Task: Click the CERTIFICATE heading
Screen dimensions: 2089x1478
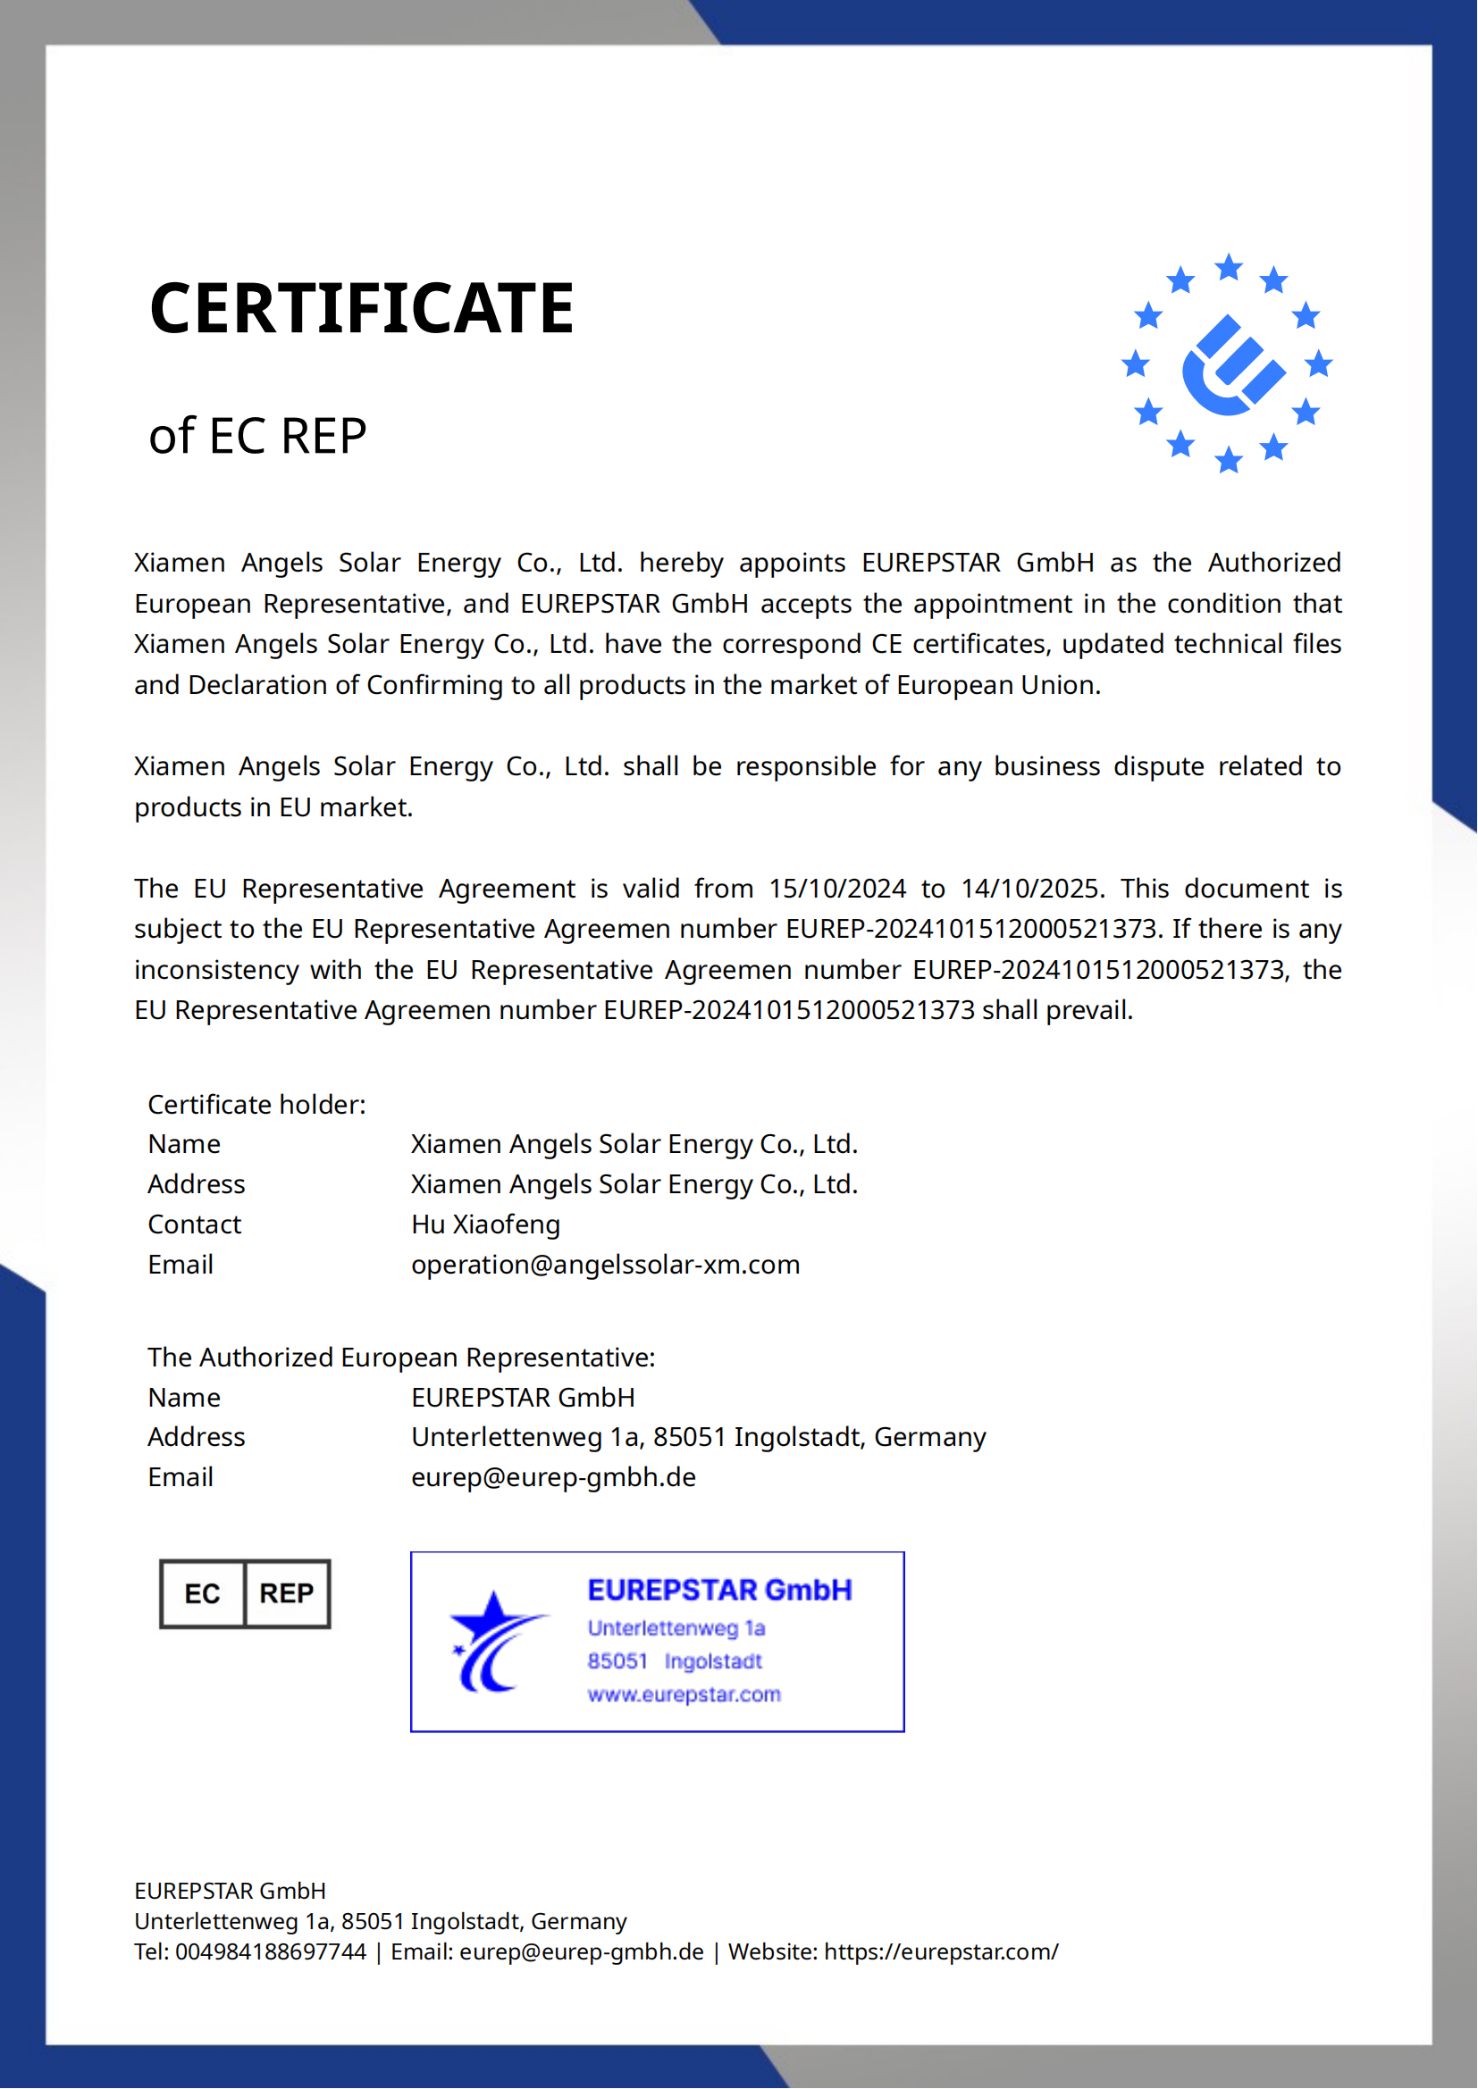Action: click(x=361, y=308)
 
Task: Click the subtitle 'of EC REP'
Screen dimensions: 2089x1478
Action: click(x=257, y=436)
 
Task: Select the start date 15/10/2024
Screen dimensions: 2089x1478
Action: click(x=837, y=889)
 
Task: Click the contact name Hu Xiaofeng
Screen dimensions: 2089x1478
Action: click(x=486, y=1224)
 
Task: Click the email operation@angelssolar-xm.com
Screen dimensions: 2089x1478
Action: click(x=605, y=1265)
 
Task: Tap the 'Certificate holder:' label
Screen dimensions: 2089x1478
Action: click(x=256, y=1105)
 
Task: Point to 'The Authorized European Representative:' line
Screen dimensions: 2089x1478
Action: click(x=401, y=1358)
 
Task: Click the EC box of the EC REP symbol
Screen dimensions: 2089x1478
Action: click(x=202, y=1594)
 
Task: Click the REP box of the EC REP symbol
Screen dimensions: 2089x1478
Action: click(x=287, y=1594)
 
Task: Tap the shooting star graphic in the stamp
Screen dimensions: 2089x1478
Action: click(x=495, y=1643)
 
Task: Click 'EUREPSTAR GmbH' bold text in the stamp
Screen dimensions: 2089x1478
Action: click(x=720, y=1591)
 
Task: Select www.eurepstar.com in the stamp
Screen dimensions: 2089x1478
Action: click(x=684, y=1695)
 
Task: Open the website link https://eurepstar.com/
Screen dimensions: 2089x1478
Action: click(x=941, y=1951)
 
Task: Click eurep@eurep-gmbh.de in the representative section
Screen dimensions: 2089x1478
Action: click(x=553, y=1477)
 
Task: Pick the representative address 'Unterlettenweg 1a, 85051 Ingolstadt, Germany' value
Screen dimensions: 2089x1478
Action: click(x=698, y=1438)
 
